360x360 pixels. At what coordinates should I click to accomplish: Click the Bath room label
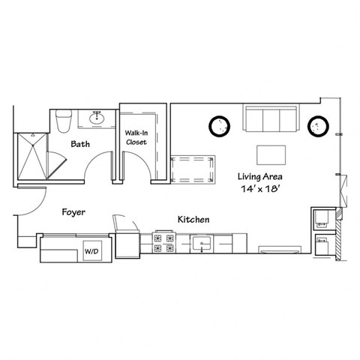coord(81,143)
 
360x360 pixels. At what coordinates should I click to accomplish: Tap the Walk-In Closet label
coord(136,135)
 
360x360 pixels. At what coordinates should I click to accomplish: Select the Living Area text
coord(259,176)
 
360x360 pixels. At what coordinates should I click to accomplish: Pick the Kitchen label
coord(193,219)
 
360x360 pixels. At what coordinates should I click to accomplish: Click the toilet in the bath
coord(63,118)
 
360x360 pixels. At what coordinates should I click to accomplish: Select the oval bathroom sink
coord(97,118)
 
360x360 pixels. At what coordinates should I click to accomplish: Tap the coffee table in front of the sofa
coord(271,153)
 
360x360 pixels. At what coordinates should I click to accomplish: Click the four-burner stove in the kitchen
coord(164,243)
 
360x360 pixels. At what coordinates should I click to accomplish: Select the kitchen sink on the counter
coord(201,243)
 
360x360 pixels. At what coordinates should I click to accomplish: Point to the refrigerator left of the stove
coord(127,243)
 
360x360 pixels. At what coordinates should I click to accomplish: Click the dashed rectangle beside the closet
coord(193,170)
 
